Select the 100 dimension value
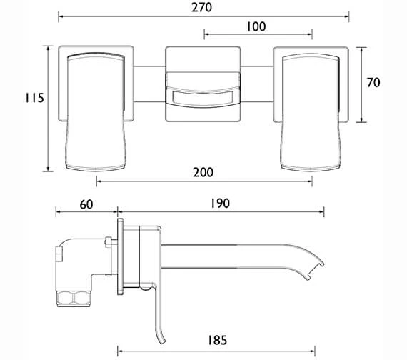[x=257, y=26]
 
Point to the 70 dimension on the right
[x=372, y=82]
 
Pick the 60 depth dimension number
[x=86, y=204]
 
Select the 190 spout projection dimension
[x=220, y=204]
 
